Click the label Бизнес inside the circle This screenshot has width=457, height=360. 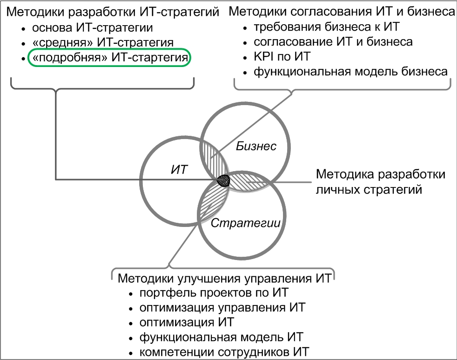tap(256, 146)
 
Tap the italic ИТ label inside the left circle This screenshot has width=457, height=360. tap(180, 169)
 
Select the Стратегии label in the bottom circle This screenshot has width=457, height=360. tap(245, 223)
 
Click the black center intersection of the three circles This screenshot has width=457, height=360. tap(223, 180)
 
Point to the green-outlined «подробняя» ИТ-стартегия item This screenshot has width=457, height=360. tap(109, 57)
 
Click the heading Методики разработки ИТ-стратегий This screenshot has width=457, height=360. tap(113, 12)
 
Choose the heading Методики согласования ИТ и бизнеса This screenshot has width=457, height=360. tap(342, 11)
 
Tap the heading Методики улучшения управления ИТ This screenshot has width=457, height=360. tap(224, 278)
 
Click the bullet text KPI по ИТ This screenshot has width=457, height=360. tap(282, 56)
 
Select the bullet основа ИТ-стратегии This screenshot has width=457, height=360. tap(93, 27)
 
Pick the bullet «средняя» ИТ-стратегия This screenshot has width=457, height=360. tap(103, 42)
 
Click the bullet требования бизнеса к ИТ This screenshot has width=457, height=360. tap(326, 27)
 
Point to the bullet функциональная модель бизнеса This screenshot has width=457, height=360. tap(350, 71)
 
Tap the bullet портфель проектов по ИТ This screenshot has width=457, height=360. tap(214, 293)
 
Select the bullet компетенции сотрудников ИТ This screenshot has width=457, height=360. tap(224, 352)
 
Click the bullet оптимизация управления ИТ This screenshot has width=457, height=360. tap(222, 307)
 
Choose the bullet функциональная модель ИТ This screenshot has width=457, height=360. tap(222, 337)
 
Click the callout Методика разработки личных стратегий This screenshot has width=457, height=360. tap(381, 182)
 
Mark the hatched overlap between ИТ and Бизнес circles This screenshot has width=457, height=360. tap(214, 157)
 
